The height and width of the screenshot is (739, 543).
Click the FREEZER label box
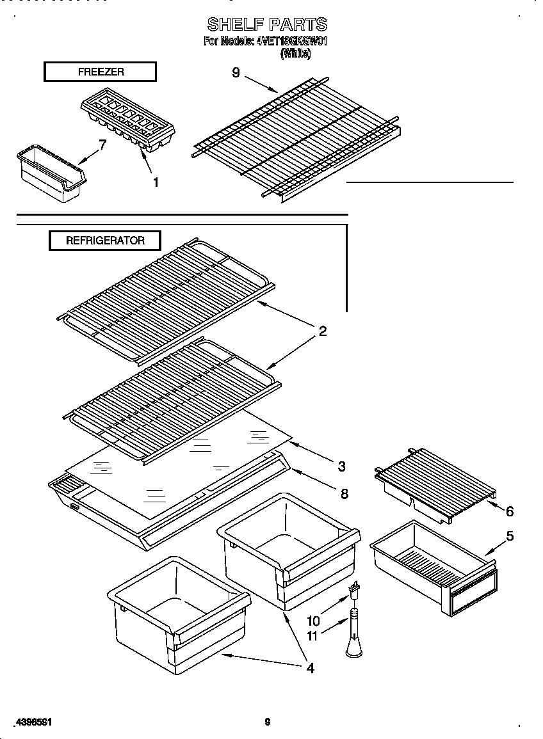100,72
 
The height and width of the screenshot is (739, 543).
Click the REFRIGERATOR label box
105,241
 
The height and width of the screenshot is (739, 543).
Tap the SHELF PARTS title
267,25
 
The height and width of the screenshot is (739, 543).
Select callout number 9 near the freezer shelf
236,73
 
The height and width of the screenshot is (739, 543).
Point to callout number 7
102,146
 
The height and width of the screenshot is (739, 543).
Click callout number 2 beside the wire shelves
323,331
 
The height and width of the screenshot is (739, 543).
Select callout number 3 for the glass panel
342,465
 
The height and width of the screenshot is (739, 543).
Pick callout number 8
344,493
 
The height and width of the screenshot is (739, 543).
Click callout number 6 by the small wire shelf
510,511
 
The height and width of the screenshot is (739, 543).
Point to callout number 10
312,621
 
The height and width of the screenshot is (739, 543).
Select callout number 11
312,637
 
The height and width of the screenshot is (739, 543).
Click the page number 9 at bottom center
268,722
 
